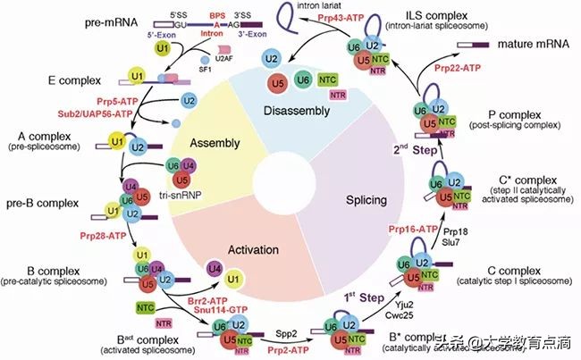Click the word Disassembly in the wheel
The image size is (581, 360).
tap(295, 112)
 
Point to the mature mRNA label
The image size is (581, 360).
tap(527, 42)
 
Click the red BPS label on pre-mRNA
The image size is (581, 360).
tap(218, 15)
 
